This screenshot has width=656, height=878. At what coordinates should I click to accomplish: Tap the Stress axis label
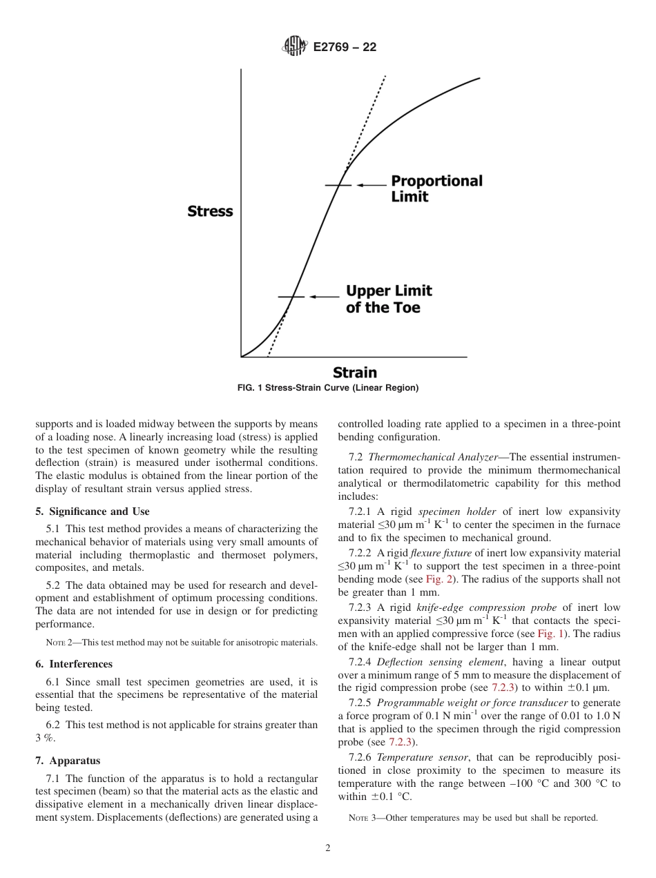(x=210, y=211)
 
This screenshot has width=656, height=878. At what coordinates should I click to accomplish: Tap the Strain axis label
(x=354, y=373)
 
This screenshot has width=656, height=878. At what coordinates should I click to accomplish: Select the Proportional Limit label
(x=436, y=188)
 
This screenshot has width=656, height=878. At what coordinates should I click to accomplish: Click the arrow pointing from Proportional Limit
(x=372, y=185)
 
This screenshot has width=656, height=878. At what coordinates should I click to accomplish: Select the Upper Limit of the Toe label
(x=389, y=299)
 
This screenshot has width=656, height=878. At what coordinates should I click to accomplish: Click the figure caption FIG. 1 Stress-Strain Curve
(x=327, y=388)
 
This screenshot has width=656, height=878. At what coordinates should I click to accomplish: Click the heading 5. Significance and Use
(x=92, y=511)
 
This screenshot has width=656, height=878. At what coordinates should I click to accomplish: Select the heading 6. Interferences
(x=74, y=664)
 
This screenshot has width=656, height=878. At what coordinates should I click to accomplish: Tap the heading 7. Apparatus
(x=68, y=761)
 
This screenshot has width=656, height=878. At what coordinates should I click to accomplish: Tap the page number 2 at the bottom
(x=328, y=848)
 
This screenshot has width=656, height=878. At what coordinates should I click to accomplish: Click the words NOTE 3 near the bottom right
(x=362, y=819)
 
